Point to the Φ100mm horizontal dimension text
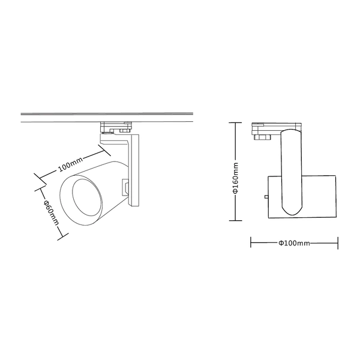(294, 243)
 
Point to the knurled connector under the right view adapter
(263, 137)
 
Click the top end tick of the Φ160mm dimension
(236, 122)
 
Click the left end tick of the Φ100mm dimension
(251, 243)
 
